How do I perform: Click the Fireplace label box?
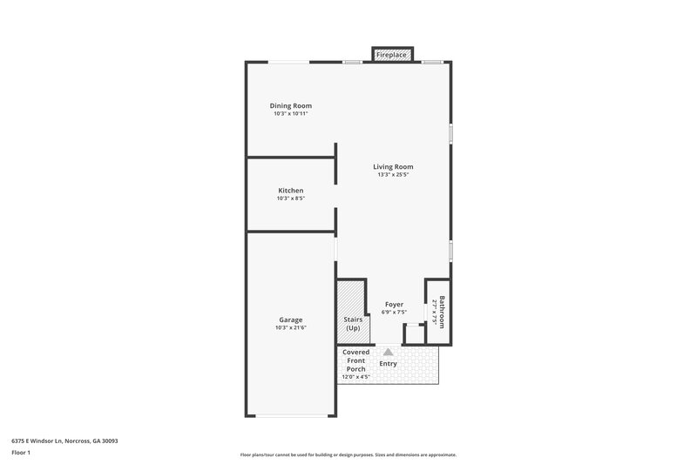(x=391, y=55)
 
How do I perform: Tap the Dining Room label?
(x=290, y=105)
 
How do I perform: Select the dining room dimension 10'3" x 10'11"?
(x=290, y=114)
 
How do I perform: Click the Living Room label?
(x=393, y=166)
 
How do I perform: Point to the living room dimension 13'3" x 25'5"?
(x=393, y=175)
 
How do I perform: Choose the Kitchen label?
(x=290, y=190)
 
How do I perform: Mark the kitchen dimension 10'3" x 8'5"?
(x=290, y=198)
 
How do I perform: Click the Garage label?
(x=290, y=319)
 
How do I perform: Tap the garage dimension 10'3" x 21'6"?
(x=290, y=328)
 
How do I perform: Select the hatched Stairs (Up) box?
(x=353, y=312)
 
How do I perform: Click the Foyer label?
(x=394, y=304)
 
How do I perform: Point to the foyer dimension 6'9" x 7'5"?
(x=394, y=313)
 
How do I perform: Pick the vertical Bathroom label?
(x=442, y=312)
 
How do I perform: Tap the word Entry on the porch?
(x=389, y=363)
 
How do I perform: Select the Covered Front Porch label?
(x=355, y=360)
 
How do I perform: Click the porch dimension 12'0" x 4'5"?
(x=355, y=377)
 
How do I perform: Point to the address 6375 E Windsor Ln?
(x=65, y=440)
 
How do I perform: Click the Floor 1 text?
(x=21, y=453)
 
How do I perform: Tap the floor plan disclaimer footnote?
(x=348, y=454)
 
